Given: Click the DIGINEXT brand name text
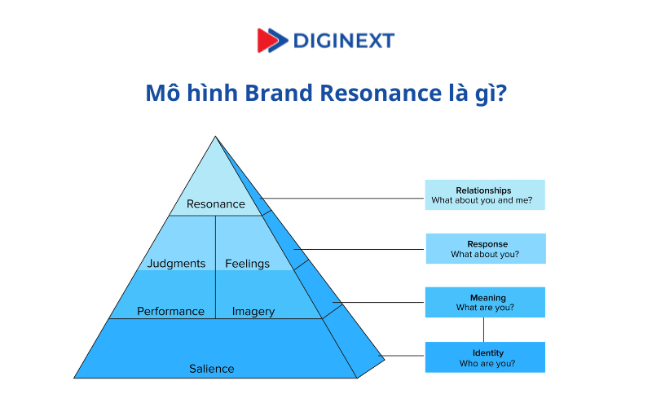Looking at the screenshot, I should click(343, 40).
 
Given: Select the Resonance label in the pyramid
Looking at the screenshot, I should click(216, 204).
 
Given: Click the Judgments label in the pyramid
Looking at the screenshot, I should click(176, 263).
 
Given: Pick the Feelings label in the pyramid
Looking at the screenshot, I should click(247, 263).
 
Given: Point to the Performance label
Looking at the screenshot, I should click(170, 311).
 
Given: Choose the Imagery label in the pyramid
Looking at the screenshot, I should click(253, 311).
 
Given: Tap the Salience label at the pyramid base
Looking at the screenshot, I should click(211, 369).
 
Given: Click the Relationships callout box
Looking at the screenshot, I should click(484, 195).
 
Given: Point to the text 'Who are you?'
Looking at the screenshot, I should click(487, 363).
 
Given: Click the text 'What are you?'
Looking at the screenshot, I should click(487, 308).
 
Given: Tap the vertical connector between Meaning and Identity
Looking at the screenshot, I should click(483, 330).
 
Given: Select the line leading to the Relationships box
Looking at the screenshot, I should click(342, 198).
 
